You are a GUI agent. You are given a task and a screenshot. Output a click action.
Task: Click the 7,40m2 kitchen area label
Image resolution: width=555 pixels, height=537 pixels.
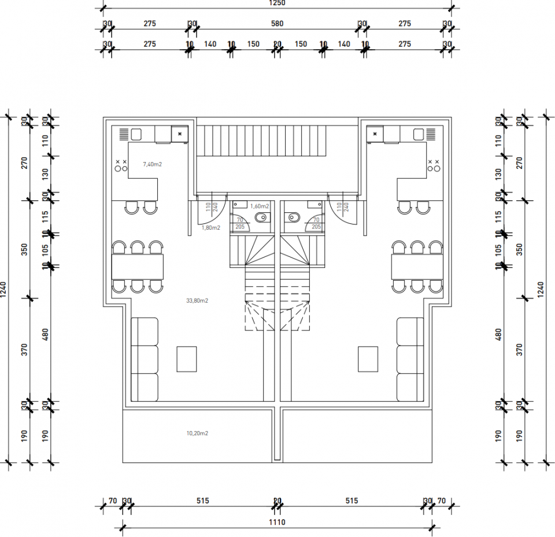(153, 164)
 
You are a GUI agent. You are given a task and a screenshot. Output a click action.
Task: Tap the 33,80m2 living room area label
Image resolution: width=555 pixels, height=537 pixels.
(197, 301)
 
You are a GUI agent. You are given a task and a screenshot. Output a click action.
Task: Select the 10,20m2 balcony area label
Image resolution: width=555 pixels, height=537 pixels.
(197, 433)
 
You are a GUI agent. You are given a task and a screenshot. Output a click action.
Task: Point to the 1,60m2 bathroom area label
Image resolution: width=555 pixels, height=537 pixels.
(260, 207)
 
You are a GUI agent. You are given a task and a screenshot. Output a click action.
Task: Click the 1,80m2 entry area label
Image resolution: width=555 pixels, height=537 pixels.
(211, 228)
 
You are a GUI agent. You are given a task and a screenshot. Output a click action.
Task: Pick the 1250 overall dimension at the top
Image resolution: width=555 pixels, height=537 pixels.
(277, 3)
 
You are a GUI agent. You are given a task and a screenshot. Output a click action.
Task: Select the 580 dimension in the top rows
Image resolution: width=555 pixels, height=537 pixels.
(277, 24)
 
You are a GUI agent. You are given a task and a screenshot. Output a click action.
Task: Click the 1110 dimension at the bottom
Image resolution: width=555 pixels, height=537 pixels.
(277, 522)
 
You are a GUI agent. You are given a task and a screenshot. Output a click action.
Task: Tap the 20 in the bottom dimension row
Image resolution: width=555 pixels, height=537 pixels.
(277, 501)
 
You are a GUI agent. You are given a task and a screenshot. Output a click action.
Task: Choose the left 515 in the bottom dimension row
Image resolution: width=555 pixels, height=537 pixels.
(202, 501)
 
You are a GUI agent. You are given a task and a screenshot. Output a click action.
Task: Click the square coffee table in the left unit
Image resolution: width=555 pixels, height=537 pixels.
(187, 359)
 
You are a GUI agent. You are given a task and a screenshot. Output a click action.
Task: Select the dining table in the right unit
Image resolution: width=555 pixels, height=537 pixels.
(417, 267)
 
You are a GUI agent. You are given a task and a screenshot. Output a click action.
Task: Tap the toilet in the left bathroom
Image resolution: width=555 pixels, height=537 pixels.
(261, 218)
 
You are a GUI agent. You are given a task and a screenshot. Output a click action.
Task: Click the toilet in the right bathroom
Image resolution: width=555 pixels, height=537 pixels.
(293, 218)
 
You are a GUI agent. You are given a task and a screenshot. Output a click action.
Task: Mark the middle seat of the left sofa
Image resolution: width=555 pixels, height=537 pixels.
(145, 359)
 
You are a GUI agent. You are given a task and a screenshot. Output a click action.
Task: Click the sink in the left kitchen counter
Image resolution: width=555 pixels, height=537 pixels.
(137, 134)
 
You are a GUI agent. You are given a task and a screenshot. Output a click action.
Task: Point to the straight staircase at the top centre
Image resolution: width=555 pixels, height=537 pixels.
(277, 141)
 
